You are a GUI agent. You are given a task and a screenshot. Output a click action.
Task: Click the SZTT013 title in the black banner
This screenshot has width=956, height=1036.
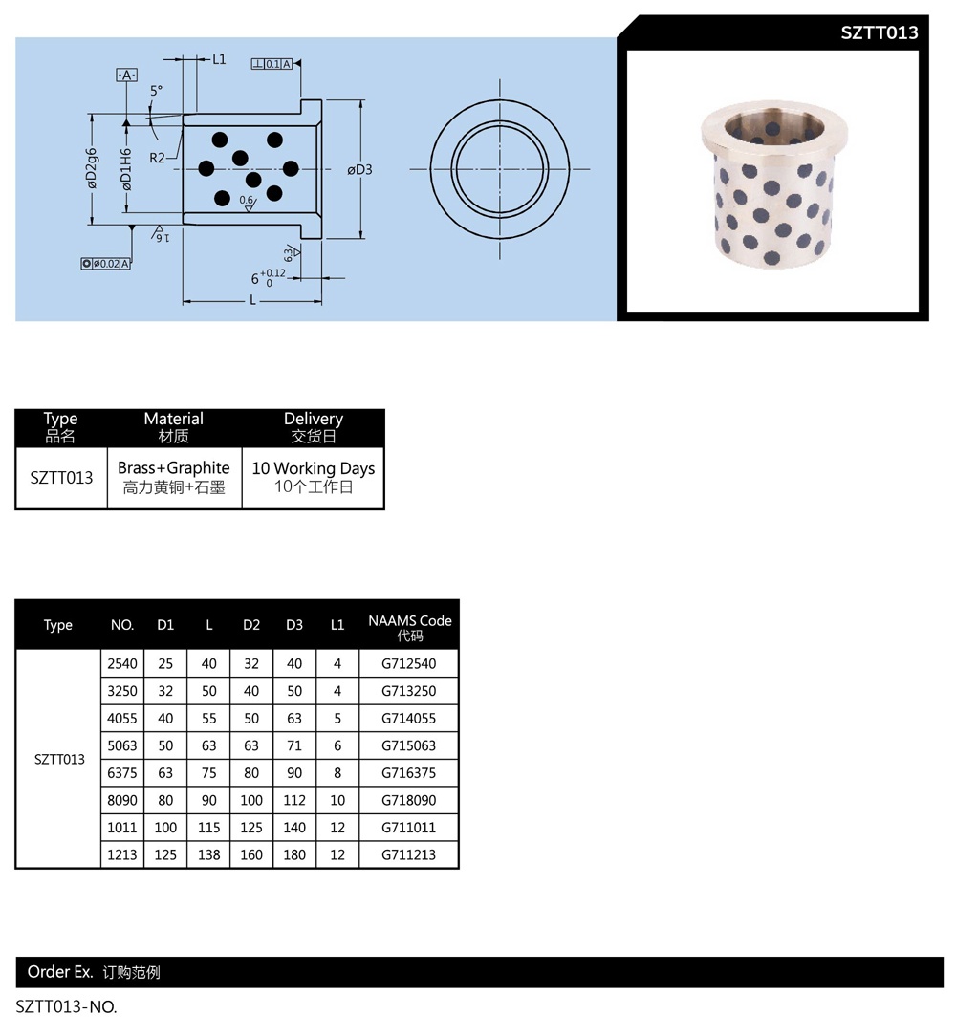pyautogui.click(x=879, y=33)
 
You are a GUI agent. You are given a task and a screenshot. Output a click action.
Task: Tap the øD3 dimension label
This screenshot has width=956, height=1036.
pyautogui.click(x=359, y=170)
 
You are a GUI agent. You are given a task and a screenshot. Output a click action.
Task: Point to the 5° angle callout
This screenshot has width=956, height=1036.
pyautogui.click(x=156, y=91)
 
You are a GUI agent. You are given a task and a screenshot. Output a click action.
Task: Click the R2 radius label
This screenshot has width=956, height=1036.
pyautogui.click(x=157, y=158)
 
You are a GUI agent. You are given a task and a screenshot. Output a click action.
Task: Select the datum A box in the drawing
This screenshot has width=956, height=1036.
pyautogui.click(x=126, y=76)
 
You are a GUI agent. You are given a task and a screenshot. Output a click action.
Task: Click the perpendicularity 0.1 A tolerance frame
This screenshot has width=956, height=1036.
pyautogui.click(x=272, y=64)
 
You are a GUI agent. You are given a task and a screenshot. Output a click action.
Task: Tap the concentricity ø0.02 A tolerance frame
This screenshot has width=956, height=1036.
pyautogui.click(x=106, y=264)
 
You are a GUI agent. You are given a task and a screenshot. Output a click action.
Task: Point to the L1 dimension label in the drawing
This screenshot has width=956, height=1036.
pyautogui.click(x=219, y=59)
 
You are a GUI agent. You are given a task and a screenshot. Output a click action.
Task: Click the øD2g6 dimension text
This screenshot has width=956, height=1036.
pyautogui.click(x=91, y=168)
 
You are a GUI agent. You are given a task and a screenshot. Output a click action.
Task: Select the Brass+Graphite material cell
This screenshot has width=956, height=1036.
pyautogui.click(x=174, y=478)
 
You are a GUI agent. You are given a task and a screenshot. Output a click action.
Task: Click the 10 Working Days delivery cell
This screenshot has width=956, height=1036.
pyautogui.click(x=314, y=478)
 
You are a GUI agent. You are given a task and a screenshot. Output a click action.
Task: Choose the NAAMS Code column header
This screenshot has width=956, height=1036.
pyautogui.click(x=410, y=627)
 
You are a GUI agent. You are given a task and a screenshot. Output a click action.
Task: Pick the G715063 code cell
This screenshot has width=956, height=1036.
pyautogui.click(x=408, y=746)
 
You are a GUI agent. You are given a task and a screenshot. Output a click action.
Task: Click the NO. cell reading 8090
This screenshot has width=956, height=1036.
pyautogui.click(x=122, y=800)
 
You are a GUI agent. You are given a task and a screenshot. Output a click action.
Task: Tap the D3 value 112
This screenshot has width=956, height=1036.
pyautogui.click(x=294, y=800)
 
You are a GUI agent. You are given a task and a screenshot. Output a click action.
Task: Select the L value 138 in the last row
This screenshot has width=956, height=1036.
pyautogui.click(x=209, y=855)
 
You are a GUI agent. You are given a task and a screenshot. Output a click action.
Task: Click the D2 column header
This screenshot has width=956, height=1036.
pyautogui.click(x=251, y=625)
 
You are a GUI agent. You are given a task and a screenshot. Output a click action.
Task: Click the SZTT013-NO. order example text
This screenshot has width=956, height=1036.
pyautogui.click(x=66, y=1007)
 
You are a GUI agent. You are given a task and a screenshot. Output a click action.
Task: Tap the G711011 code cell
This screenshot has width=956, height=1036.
pyautogui.click(x=408, y=828)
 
